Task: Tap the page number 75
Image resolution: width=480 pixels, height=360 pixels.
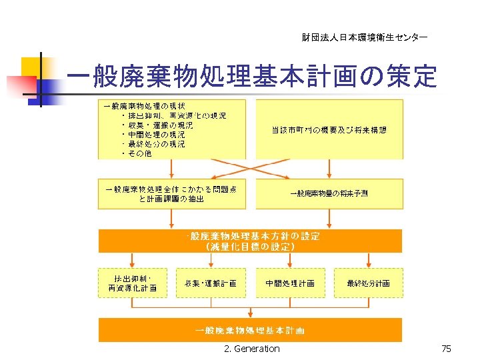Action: [x=446, y=349]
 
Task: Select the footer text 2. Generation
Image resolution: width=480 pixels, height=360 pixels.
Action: [x=252, y=349]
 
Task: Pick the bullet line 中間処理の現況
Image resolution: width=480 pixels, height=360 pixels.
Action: [x=157, y=135]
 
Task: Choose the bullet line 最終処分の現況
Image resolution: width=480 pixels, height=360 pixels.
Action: [x=157, y=144]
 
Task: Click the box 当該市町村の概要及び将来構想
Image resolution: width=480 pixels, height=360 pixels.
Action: [x=329, y=130]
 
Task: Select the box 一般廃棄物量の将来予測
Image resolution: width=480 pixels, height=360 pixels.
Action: [x=329, y=193]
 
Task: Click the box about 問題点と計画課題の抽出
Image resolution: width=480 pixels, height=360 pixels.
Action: [x=171, y=193]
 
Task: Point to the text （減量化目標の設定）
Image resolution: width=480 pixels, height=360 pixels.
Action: [x=251, y=247]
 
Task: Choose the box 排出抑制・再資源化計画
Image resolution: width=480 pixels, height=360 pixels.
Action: [x=132, y=283]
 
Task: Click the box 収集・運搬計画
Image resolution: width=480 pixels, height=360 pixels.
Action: [x=211, y=283]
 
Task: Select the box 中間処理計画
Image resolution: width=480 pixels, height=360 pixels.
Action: [x=290, y=283]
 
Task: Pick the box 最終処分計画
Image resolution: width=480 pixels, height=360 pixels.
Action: [x=369, y=283]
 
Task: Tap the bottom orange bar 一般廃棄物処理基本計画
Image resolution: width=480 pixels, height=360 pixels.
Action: [x=251, y=330]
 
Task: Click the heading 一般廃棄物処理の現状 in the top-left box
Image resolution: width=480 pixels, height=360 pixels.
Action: [x=144, y=106]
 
